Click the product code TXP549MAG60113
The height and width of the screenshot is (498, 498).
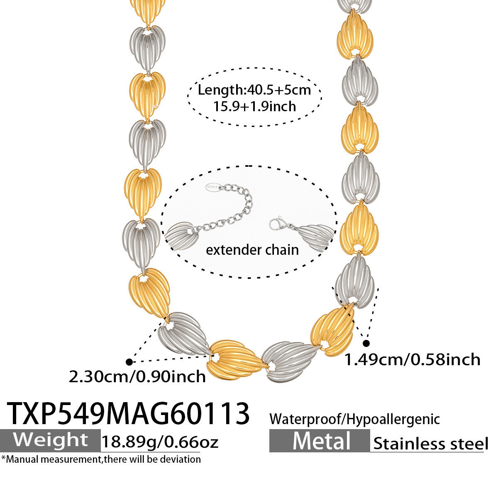pyautogui.click(x=129, y=413)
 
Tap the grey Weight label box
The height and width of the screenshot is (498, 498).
pyautogui.click(x=50, y=440)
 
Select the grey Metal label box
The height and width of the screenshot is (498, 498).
pyautogui.click(x=319, y=441)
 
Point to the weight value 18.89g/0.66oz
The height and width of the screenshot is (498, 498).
pyautogui.click(x=160, y=442)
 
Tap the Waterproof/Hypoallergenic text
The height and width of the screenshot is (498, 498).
pyautogui.click(x=354, y=419)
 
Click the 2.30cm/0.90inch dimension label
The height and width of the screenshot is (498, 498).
pyautogui.click(x=137, y=376)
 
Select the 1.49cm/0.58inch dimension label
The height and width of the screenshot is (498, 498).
pyautogui.click(x=413, y=359)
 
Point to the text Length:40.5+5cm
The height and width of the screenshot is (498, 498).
pyautogui.click(x=254, y=90)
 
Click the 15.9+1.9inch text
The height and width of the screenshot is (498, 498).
pyautogui.click(x=254, y=106)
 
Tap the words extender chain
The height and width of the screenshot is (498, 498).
pyautogui.click(x=252, y=250)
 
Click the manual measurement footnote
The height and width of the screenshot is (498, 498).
pyautogui.click(x=101, y=459)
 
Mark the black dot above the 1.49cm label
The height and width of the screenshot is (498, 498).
pyautogui.click(x=366, y=343)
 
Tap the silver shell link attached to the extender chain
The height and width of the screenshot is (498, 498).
pyautogui.click(x=179, y=235)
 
